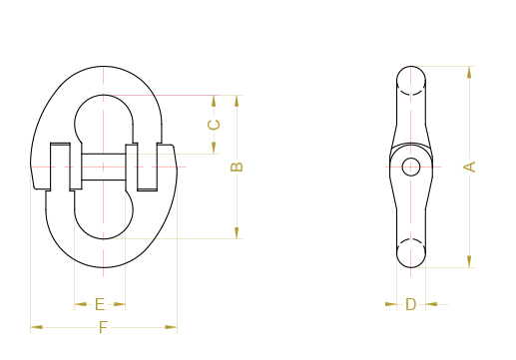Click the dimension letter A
(x=470, y=167)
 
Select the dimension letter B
(x=237, y=167)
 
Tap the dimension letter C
(x=214, y=125)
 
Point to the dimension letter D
(x=411, y=304)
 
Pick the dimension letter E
(x=100, y=304)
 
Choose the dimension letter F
(x=104, y=327)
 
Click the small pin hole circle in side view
(x=411, y=167)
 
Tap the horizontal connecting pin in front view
(x=104, y=167)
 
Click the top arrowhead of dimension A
(x=469, y=72)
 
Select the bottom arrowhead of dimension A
(x=469, y=261)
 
